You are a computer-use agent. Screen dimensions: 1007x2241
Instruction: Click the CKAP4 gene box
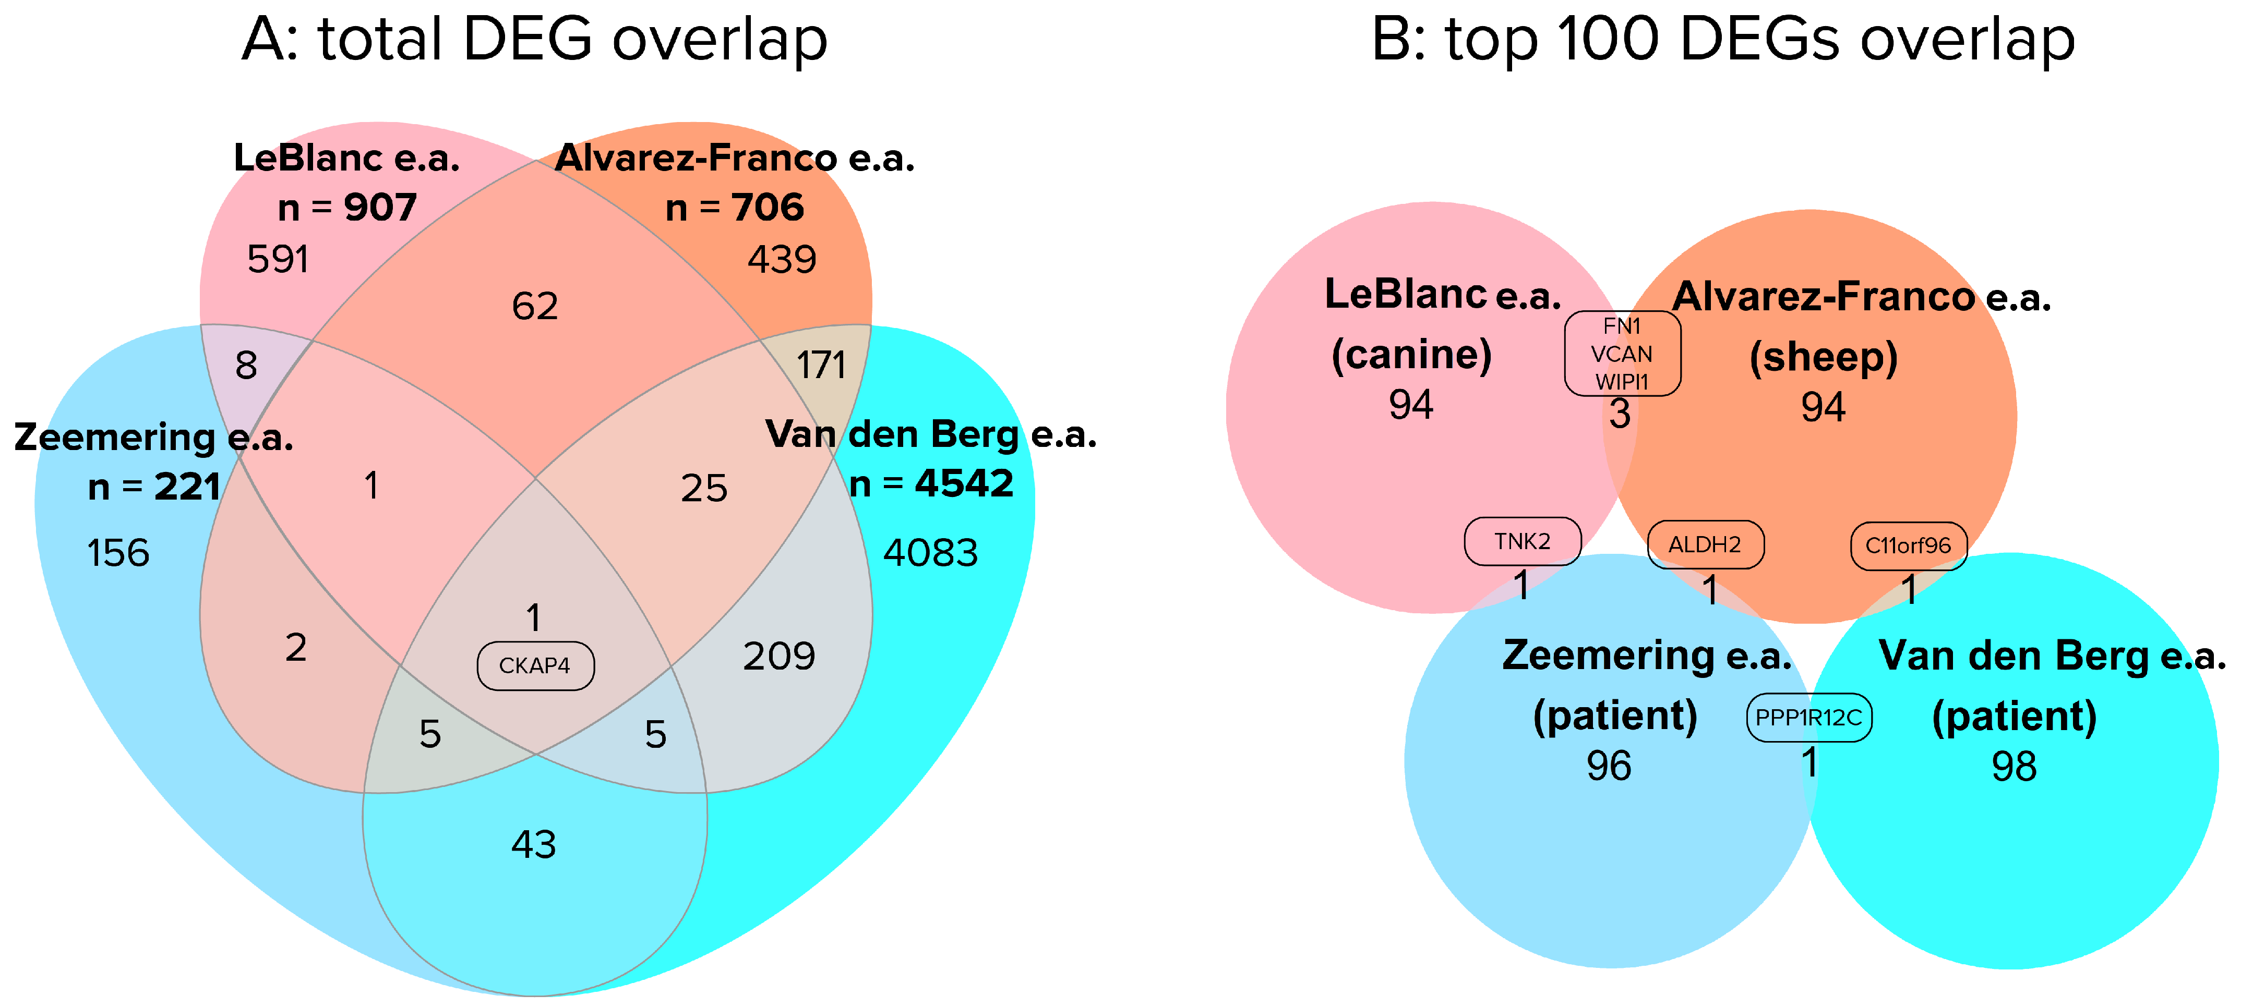(x=535, y=666)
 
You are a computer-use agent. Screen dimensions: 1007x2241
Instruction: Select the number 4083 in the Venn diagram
(x=930, y=553)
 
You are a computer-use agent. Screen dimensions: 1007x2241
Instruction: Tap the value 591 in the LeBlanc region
(x=279, y=259)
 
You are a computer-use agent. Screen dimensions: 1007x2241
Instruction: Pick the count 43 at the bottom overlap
(x=533, y=844)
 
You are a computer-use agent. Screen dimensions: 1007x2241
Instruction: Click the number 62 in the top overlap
(x=535, y=306)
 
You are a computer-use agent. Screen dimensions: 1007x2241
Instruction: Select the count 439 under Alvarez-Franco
(x=781, y=259)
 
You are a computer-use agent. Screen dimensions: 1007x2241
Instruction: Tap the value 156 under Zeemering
(x=118, y=553)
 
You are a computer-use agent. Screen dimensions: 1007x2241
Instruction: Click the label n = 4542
(x=931, y=483)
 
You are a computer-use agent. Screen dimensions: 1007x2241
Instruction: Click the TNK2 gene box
(x=1523, y=542)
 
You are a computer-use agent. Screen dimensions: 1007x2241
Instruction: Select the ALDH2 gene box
(x=1705, y=545)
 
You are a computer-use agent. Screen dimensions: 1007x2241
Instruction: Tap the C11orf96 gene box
(x=1908, y=546)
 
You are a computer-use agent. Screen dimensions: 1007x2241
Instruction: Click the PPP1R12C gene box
(x=1808, y=718)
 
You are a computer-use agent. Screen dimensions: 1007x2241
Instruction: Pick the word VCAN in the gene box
(x=1622, y=354)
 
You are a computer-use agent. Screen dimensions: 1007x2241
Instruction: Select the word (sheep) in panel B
(x=1824, y=357)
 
